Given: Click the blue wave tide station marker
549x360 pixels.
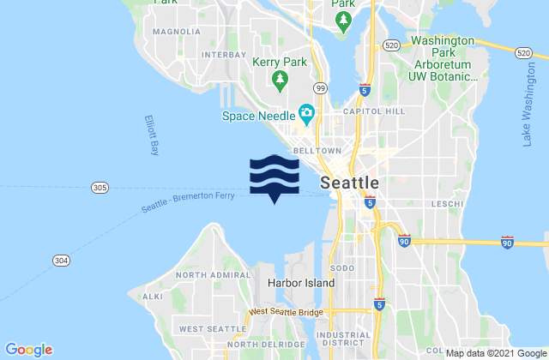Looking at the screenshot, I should coord(274,176).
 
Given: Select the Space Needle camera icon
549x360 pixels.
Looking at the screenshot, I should coord(305,111).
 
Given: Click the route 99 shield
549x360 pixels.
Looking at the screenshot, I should coord(319,88).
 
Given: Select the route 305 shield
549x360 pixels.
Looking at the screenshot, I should coord(99,188).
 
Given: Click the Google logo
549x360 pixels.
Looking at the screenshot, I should coord(29,349).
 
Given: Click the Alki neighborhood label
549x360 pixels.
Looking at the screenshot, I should coord(153,296).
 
